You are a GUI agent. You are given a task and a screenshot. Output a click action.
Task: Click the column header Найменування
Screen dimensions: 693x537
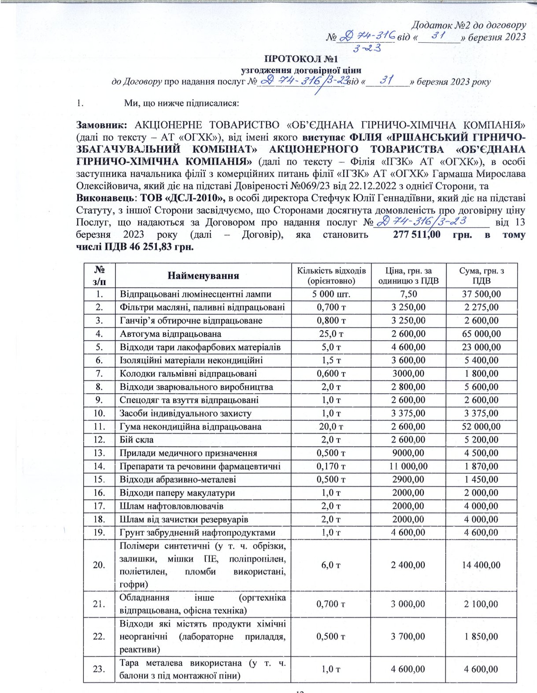pyautogui.click(x=203, y=276)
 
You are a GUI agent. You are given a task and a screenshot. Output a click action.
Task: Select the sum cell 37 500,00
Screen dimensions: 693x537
pyautogui.click(x=481, y=294)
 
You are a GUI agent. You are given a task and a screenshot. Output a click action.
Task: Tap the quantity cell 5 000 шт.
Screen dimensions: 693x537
pyautogui.click(x=331, y=294)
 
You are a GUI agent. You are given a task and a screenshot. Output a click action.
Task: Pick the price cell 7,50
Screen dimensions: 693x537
pyautogui.click(x=408, y=294)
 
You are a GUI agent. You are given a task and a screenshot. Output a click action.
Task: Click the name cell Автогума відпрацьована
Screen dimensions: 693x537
pyautogui.click(x=170, y=334)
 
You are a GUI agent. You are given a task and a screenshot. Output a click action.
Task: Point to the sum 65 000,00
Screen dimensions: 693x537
pyautogui.click(x=481, y=334)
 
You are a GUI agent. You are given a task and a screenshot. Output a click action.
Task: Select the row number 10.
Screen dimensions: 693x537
pyautogui.click(x=99, y=413)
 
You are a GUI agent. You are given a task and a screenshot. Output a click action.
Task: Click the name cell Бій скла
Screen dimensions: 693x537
pyautogui.click(x=137, y=440)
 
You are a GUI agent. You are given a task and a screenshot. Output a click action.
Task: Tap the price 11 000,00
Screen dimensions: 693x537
pyautogui.click(x=408, y=466)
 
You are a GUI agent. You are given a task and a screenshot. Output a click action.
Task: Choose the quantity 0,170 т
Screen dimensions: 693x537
pyautogui.click(x=331, y=466)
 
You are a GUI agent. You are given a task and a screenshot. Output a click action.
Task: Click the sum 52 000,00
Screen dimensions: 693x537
pyautogui.click(x=481, y=427)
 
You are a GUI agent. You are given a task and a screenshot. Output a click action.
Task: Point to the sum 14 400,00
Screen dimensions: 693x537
pyautogui.click(x=481, y=565)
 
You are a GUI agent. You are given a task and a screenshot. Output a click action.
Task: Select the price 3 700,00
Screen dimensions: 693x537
pyautogui.click(x=408, y=637)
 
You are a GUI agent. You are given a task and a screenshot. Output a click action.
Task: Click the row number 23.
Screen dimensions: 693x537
pyautogui.click(x=99, y=669)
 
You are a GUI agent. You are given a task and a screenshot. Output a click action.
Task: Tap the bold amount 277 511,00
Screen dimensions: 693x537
pyautogui.click(x=416, y=235)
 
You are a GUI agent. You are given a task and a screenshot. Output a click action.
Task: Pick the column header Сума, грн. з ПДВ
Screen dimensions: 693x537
pyautogui.click(x=481, y=276)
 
